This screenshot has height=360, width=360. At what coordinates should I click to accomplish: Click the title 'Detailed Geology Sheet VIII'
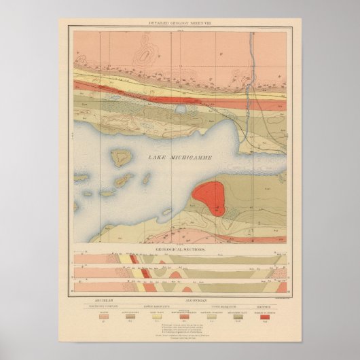(180, 23)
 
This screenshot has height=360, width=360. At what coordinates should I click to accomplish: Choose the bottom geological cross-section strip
(180, 286)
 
